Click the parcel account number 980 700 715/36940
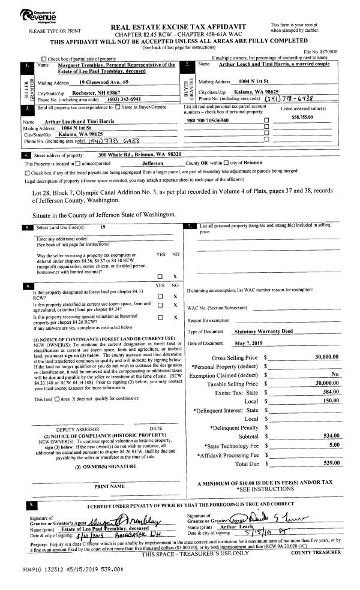pyautogui.click(x=212, y=121)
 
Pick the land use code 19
pyautogui.click(x=103, y=227)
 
